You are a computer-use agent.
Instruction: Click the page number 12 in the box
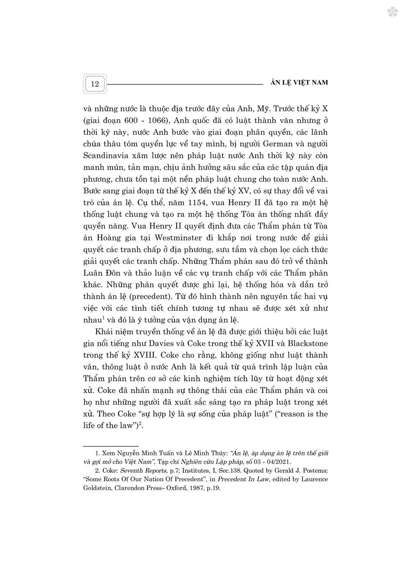(x=95, y=84)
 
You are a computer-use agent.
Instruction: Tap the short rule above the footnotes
(x=111, y=446)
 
